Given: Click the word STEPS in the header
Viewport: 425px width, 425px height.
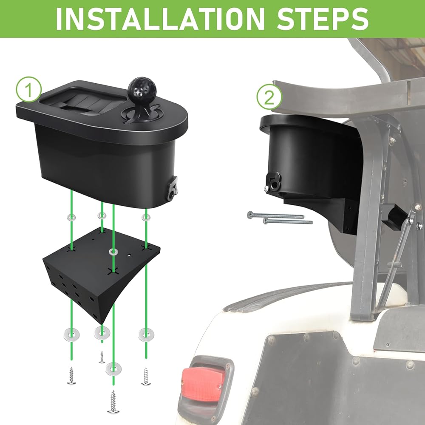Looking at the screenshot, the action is click(x=323, y=19).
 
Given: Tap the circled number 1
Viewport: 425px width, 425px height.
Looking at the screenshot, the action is click(x=28, y=90).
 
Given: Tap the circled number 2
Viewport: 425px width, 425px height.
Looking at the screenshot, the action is click(x=269, y=97).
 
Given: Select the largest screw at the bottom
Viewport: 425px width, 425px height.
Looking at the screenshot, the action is click(x=113, y=402).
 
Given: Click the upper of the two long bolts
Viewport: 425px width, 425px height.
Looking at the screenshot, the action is click(x=276, y=216).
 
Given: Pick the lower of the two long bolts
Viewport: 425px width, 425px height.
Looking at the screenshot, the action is click(x=288, y=221).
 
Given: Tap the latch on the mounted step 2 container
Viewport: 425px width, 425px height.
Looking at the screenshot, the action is click(x=273, y=182).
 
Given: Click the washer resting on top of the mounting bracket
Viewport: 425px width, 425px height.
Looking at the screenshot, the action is click(x=113, y=252).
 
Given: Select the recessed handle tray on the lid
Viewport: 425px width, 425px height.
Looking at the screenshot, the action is click(x=83, y=102).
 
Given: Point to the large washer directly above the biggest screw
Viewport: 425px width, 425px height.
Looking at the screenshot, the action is click(x=113, y=368).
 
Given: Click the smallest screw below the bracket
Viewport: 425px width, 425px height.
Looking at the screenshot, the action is click(x=102, y=357).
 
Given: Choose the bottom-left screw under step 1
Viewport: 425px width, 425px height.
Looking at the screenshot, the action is click(x=71, y=376).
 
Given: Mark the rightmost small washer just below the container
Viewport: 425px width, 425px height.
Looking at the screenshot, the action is click(x=146, y=217).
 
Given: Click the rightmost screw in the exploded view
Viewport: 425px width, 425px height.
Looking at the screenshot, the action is click(x=146, y=376).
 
